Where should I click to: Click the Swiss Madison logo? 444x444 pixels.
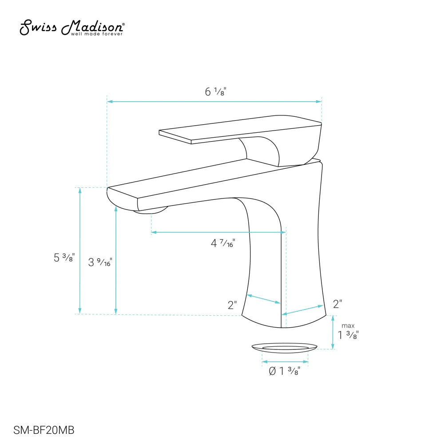[x=72, y=28]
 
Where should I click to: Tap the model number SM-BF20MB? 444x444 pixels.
[x=44, y=430]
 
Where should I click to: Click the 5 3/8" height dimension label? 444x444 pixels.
[x=64, y=258]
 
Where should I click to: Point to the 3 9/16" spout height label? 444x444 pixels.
[x=100, y=262]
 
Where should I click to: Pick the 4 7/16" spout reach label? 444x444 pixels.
[x=222, y=243]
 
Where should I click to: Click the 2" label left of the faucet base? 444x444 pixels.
[x=232, y=305]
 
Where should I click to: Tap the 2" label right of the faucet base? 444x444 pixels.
[x=337, y=304]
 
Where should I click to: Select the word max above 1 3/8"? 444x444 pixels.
[x=348, y=326]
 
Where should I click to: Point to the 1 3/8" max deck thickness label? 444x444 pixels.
[x=348, y=335]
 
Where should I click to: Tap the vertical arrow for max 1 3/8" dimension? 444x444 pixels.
[x=333, y=332]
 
